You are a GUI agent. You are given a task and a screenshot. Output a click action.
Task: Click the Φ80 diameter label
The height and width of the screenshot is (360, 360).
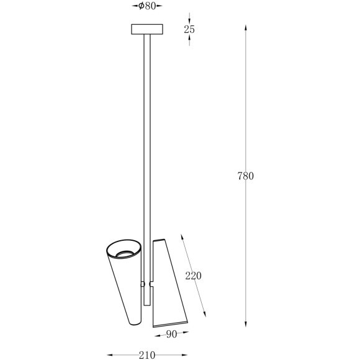click(x=147, y=6)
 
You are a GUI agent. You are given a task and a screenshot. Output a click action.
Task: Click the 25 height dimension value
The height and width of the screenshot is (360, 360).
click(x=191, y=29)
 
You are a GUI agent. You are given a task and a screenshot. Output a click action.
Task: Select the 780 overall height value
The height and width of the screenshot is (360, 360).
click(x=246, y=176)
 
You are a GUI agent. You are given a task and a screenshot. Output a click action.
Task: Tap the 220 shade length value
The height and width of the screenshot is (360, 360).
click(x=193, y=276)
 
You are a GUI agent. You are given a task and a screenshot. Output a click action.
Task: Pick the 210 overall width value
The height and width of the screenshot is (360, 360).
click(x=147, y=355)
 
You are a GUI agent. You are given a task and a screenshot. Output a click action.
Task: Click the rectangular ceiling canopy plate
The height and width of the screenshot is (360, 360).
click(x=147, y=29)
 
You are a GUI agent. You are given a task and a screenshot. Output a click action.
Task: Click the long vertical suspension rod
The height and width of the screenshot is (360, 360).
click(x=147, y=155)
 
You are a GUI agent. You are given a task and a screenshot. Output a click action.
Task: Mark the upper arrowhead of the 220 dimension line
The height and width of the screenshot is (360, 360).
click(x=181, y=236)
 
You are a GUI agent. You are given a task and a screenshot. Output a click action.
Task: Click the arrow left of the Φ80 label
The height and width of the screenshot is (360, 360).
click(x=135, y=6)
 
